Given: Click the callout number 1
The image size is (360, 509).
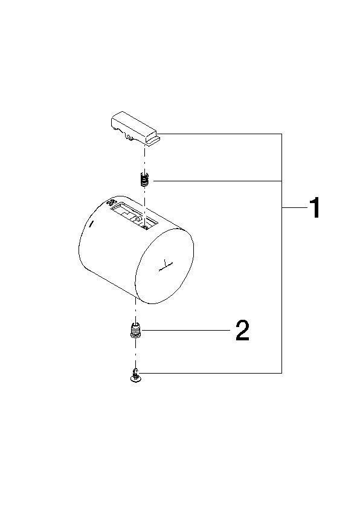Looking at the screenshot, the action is coord(315,208).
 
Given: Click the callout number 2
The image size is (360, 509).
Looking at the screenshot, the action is coord(243,330).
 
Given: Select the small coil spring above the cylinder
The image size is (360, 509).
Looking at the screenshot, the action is coord(144,180).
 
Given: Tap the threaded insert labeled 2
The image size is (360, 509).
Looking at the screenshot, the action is coord(136,331).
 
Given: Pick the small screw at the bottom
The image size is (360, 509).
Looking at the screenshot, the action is coord(135,376).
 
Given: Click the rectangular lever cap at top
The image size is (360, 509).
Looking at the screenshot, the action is coord(135,128).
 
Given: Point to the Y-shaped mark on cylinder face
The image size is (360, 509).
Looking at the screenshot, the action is coord(166,266).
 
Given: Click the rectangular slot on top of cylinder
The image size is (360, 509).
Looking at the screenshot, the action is coord(134,216).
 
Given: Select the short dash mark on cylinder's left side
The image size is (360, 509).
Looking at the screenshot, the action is coord(91,224).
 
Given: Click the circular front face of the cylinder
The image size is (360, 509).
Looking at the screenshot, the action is coord(164,266).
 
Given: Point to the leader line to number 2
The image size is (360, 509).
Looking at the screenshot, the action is coord(186,331).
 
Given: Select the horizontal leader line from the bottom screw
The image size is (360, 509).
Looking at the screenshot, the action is coord(211,373).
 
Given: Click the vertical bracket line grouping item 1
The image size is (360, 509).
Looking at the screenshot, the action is coord(281,253).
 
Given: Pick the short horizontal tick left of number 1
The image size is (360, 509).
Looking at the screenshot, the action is coord(294,208).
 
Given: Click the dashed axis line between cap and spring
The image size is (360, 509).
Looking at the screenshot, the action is coord(144,160).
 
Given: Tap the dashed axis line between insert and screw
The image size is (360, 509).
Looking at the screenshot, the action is coord(135,354).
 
